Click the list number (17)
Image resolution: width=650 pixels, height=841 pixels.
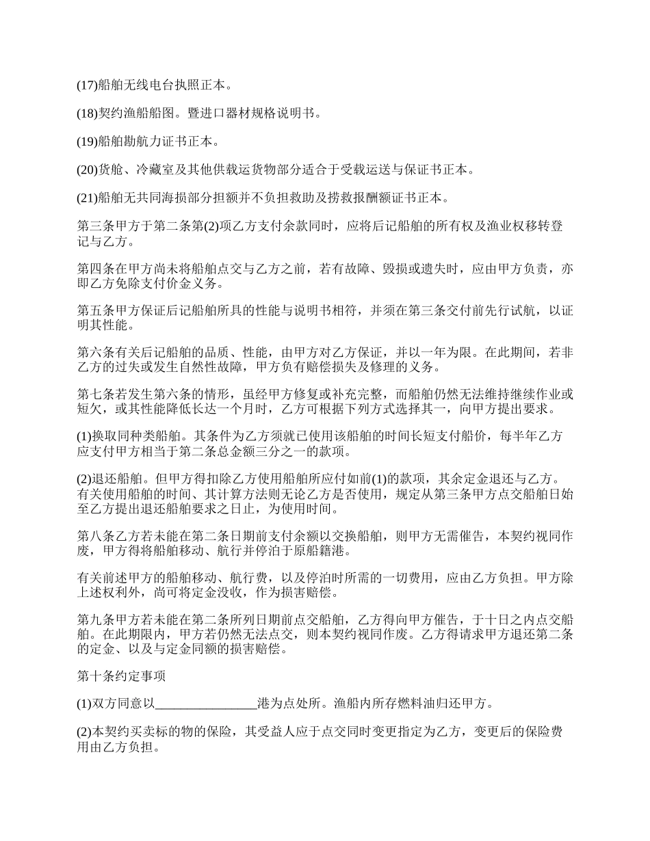[x=87, y=85]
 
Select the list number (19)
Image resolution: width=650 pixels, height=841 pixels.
[x=87, y=142]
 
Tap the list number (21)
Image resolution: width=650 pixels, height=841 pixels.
[x=87, y=198]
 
